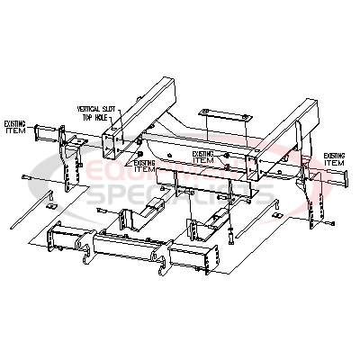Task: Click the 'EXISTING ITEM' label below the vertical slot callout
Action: pyautogui.click(x=144, y=165)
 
